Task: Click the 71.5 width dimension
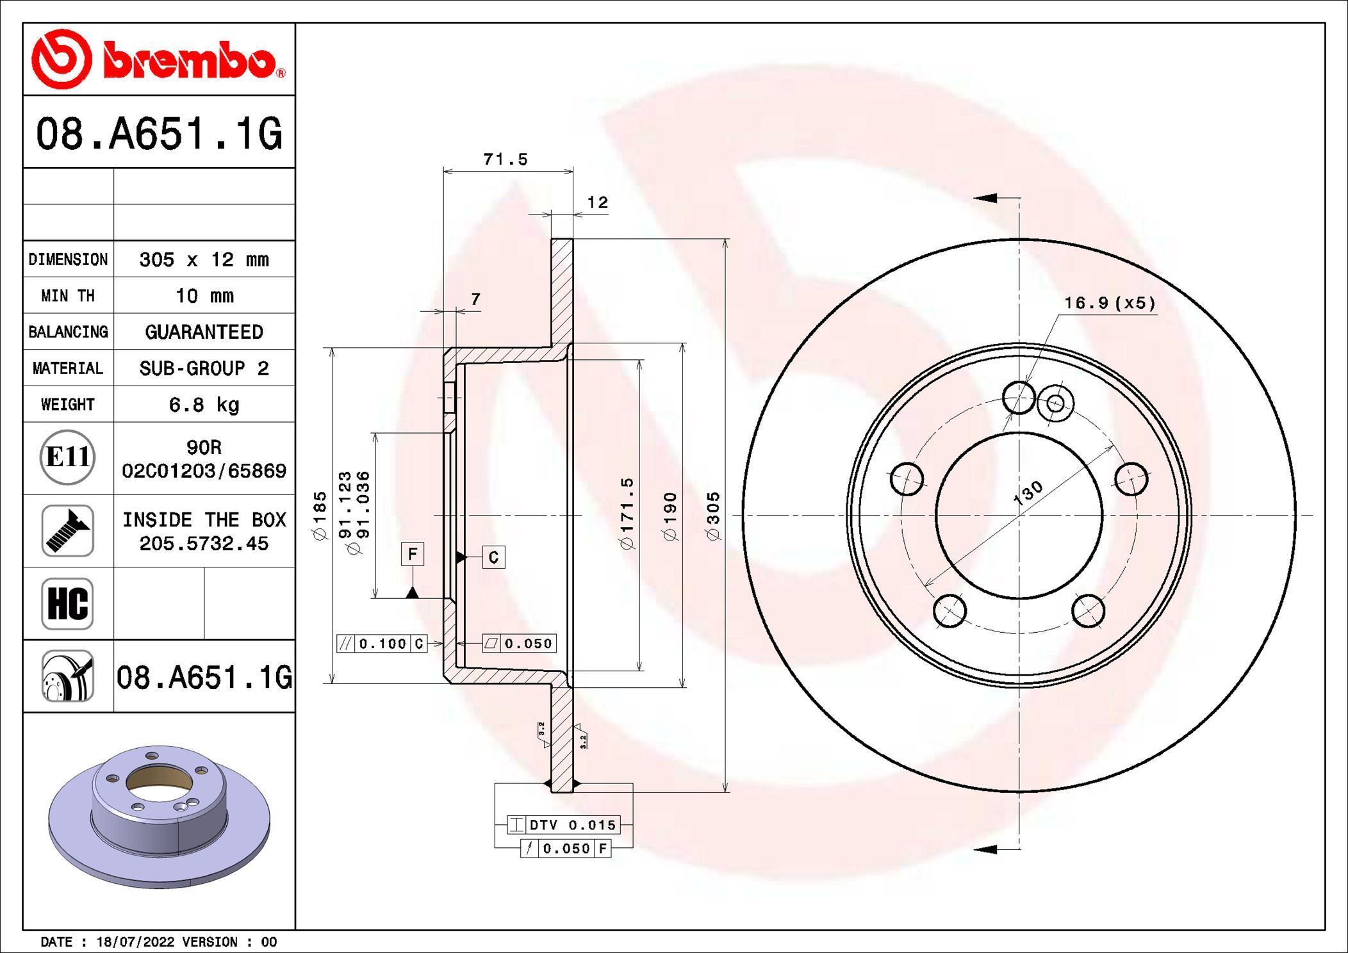[505, 159]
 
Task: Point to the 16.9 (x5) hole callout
[1110, 303]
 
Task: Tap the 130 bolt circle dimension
[1028, 493]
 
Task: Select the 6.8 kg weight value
[204, 404]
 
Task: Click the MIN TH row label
[68, 295]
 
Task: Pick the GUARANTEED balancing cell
[204, 332]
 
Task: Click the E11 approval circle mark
[68, 457]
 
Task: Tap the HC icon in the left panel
[68, 603]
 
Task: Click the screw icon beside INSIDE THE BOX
[68, 530]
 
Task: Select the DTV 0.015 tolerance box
[563, 825]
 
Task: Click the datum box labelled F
[413, 553]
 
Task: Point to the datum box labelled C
[493, 557]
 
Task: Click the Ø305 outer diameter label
[713, 516]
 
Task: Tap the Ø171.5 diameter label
[627, 512]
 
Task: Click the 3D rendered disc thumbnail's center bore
[158, 782]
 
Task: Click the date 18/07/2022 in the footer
[135, 941]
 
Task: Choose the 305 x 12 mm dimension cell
[204, 259]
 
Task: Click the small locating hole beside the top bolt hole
[1055, 403]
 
